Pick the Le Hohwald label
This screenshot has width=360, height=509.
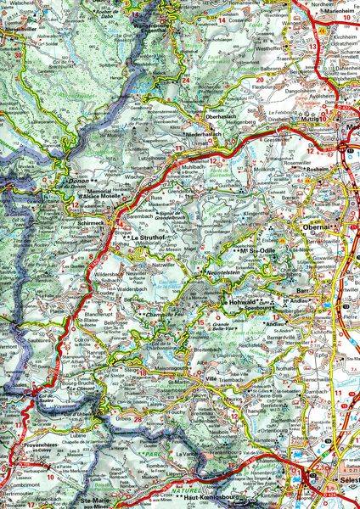(240, 300)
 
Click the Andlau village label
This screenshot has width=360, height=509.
(303, 323)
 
